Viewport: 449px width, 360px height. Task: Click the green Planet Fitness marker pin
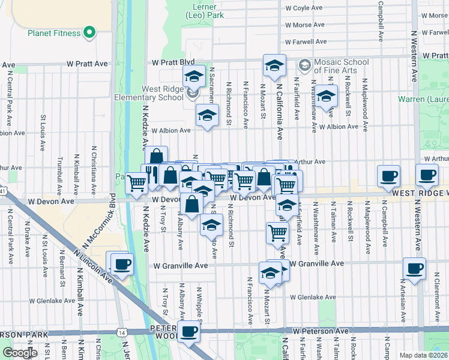point(90,32)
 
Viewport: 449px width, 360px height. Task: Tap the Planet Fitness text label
point(53,33)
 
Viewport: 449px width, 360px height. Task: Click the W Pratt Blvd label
point(174,62)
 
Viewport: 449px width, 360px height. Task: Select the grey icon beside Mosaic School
point(304,63)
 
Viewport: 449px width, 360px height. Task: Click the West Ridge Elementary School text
point(154,93)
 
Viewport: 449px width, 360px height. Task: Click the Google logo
point(20,353)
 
